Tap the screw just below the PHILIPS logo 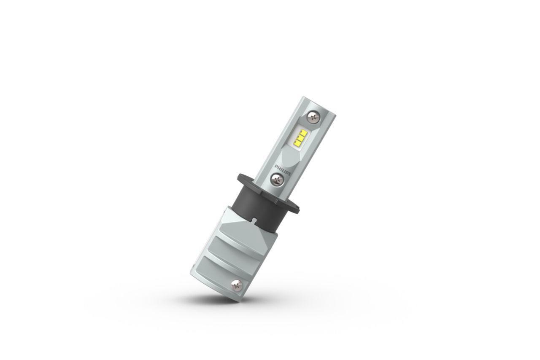(x=276, y=179)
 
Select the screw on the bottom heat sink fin (x=236, y=285)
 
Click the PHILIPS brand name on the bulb (x=283, y=170)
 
